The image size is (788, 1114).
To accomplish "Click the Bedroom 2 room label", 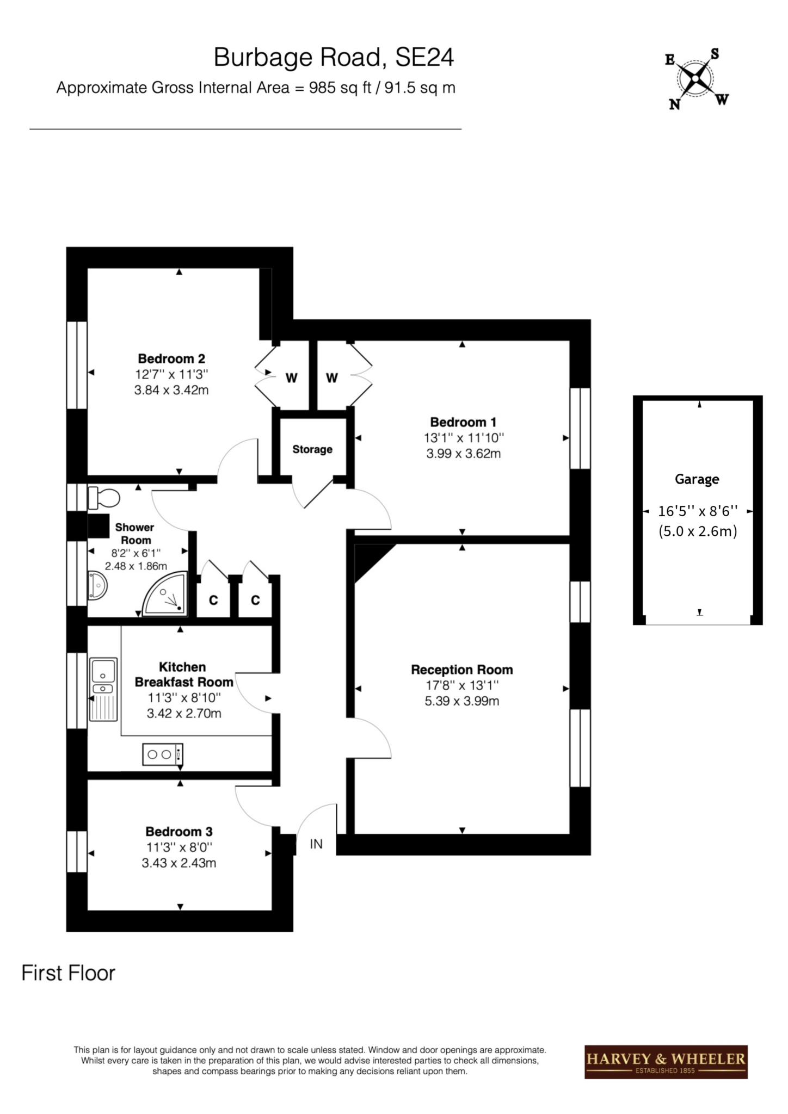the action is coord(171,358).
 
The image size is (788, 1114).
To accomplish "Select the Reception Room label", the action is coord(462,670).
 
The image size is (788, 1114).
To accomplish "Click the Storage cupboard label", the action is coord(312,449).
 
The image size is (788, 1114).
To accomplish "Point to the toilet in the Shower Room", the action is coord(104,497).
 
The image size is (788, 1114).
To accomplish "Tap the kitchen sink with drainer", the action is coord(103,689).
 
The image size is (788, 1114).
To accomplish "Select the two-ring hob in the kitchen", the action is coord(163,754).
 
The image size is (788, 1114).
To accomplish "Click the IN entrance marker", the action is coord(316,844).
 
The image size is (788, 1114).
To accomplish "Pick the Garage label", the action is coord(697,479).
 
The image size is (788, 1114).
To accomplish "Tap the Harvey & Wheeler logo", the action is coord(666,1062).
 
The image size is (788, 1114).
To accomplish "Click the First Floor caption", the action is coord(69,973).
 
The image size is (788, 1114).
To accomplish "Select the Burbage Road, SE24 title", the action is coord(334,57).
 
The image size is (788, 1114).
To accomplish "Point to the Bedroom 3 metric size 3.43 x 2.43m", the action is coord(179,863).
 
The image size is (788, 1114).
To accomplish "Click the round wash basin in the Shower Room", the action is coord(97,585).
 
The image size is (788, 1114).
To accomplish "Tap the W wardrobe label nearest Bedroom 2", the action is coord(292,378).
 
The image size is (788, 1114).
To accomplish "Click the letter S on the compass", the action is coord(715,54).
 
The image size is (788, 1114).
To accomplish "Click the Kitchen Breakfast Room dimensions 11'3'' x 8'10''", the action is coord(184,698).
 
